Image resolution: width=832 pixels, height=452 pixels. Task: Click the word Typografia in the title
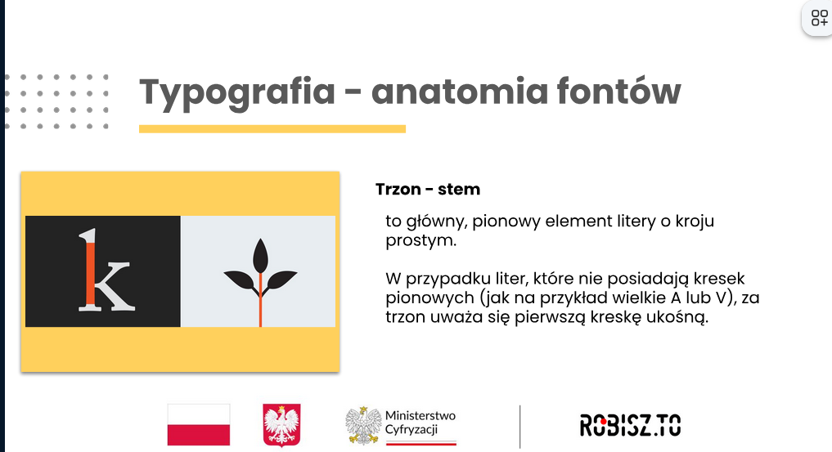[x=237, y=92]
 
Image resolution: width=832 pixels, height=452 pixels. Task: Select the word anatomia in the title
[x=460, y=92]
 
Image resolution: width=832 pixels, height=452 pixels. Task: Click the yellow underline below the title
[x=272, y=129]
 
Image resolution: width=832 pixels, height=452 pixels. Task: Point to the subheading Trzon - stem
[x=428, y=189]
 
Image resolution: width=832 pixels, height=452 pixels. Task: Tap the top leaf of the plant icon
[x=260, y=255]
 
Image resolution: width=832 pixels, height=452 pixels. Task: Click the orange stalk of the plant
[x=260, y=299]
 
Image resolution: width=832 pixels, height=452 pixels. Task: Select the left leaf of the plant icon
[x=240, y=280]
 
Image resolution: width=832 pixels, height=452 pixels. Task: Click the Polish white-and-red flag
[x=199, y=424]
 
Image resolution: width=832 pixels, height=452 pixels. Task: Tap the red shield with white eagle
[x=281, y=425]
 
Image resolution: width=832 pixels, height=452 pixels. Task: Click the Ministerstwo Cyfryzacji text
[x=420, y=423]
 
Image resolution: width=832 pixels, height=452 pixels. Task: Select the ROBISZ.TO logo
[x=631, y=426]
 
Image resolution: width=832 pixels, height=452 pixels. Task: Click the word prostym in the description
[x=420, y=240]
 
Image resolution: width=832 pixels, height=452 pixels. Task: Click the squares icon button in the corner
[x=819, y=18]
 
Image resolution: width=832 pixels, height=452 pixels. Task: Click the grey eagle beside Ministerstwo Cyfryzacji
[x=363, y=426]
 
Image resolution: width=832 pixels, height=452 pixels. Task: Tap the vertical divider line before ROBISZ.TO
[x=520, y=427]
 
